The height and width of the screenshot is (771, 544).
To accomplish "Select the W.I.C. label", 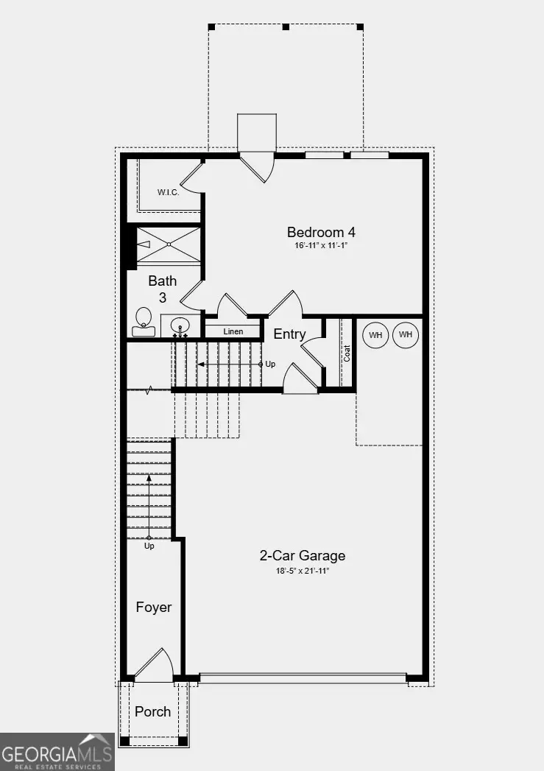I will tap(169, 193).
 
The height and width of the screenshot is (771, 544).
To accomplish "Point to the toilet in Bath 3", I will tap(144, 322).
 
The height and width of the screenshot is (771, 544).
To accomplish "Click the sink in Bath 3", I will tap(180, 325).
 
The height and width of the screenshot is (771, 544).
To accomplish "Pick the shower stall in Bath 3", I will tap(169, 244).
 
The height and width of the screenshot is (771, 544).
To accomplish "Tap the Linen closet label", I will tap(233, 331).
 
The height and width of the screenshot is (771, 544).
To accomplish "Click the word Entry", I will tap(289, 334).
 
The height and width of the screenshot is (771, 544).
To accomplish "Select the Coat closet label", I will tap(347, 353).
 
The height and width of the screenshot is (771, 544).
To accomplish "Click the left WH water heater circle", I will tap(376, 335).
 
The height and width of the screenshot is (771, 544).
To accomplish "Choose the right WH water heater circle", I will tap(405, 335).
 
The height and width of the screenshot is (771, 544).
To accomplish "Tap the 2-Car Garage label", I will tap(302, 556).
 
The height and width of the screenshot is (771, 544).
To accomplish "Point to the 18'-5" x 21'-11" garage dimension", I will tap(302, 571).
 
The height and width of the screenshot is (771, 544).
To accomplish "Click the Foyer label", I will tap(153, 608).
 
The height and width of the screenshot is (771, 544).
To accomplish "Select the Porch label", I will tap(153, 711).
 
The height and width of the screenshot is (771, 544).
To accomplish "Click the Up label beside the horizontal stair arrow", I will tap(270, 365).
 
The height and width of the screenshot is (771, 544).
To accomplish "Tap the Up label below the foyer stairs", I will tap(149, 546).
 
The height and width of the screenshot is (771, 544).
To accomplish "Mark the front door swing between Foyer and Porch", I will tap(153, 665).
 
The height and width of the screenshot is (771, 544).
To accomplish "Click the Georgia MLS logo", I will tap(57, 753).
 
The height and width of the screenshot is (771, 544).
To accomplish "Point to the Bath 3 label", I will tap(162, 289).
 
